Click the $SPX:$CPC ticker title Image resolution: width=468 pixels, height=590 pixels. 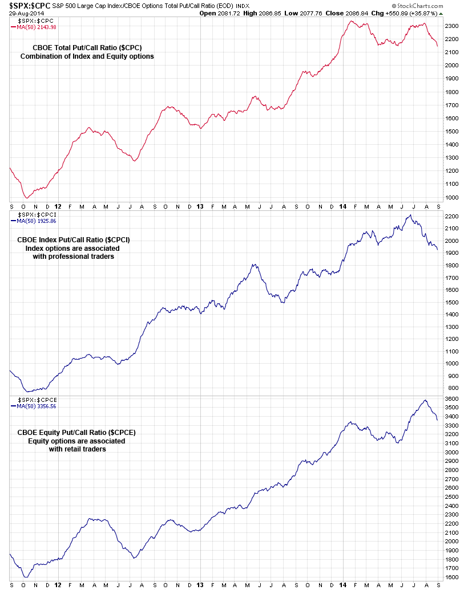coord(29,6)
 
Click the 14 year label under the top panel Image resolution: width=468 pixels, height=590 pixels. coord(342,206)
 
